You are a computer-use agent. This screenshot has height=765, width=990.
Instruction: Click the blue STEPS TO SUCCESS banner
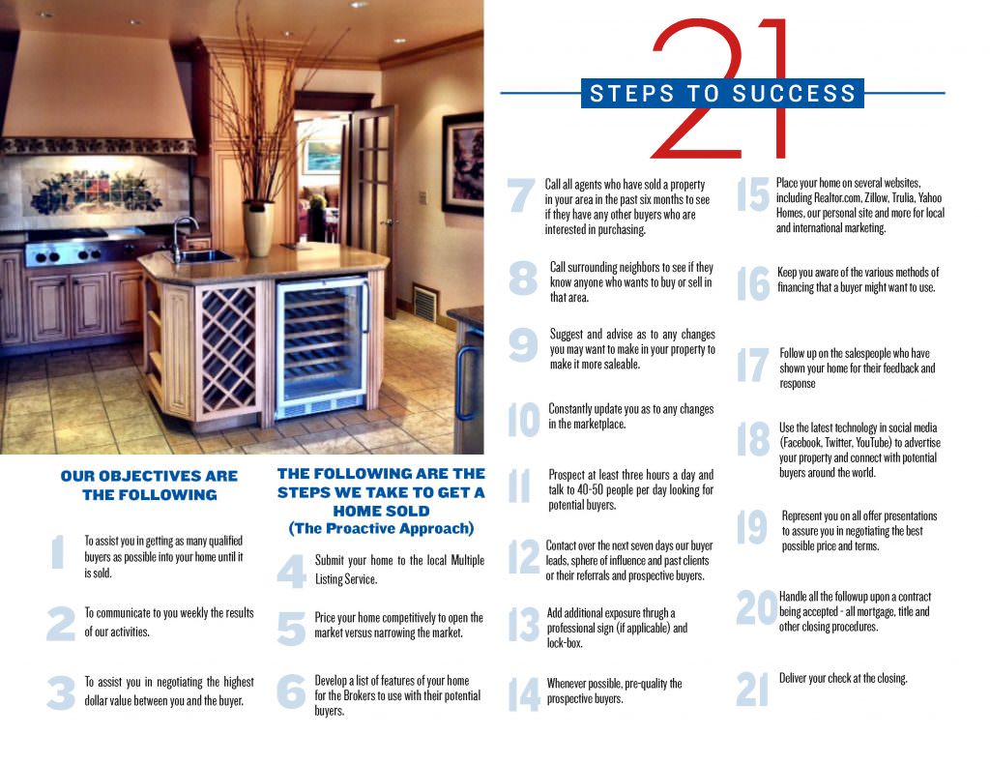723,94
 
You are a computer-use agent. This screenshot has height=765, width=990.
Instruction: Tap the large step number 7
520,195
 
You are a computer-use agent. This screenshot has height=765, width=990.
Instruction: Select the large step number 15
752,194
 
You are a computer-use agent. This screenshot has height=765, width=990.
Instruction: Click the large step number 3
60,692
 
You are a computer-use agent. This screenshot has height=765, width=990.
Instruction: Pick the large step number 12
523,558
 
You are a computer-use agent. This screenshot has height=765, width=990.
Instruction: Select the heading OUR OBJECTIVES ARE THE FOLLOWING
149,485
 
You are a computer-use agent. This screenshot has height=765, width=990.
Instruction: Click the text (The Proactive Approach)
381,528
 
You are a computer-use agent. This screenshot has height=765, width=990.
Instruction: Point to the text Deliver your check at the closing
843,678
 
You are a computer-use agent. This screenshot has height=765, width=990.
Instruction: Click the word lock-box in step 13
568,642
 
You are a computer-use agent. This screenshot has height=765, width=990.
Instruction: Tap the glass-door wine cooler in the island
321,345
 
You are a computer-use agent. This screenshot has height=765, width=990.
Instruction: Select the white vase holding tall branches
258,228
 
